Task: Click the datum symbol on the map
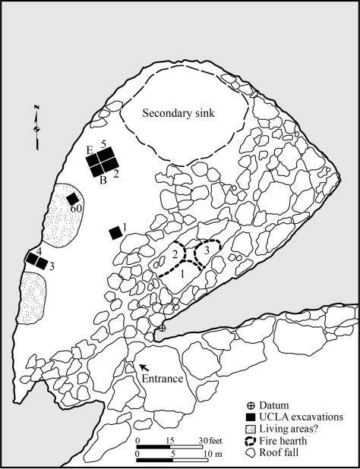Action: coord(162,328)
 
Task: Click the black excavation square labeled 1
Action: coord(115,232)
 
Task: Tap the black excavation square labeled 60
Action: coord(72,198)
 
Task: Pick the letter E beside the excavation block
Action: coord(90,149)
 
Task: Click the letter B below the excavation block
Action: coord(103,180)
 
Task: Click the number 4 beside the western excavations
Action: coord(29,250)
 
